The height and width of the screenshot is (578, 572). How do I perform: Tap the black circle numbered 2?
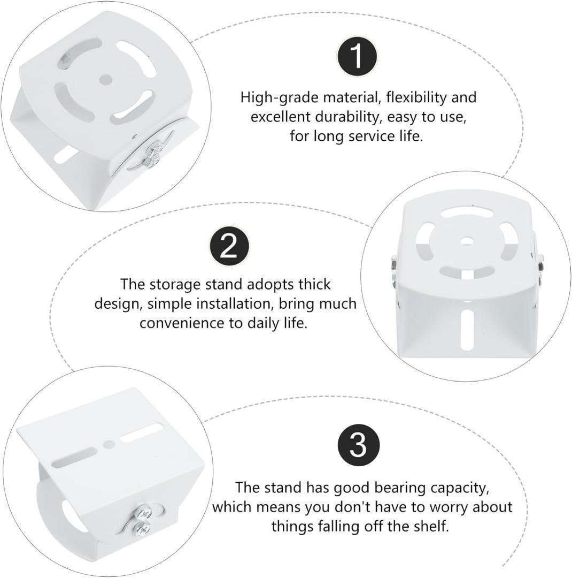[x=229, y=246]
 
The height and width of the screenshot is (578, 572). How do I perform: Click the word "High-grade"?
[x=280, y=98]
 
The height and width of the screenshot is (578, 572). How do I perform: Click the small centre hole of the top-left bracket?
[x=106, y=79]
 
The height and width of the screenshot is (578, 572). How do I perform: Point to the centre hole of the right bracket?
[x=468, y=241]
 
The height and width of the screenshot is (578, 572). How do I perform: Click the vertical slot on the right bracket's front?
[x=467, y=330]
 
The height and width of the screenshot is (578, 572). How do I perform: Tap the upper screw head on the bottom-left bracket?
[x=143, y=512]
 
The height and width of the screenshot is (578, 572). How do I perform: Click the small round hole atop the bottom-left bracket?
[x=109, y=444]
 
